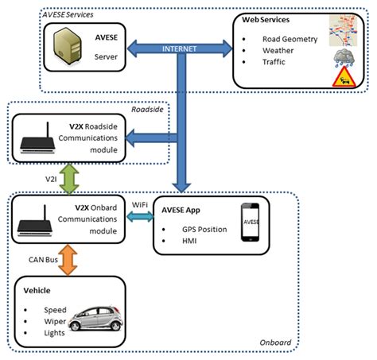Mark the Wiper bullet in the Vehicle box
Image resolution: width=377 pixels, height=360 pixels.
coord(49,321)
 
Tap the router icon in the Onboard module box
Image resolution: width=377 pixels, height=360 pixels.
coord(40,217)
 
